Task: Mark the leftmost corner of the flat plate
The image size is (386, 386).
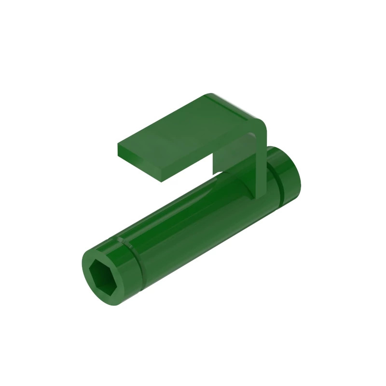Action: click(118, 145)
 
